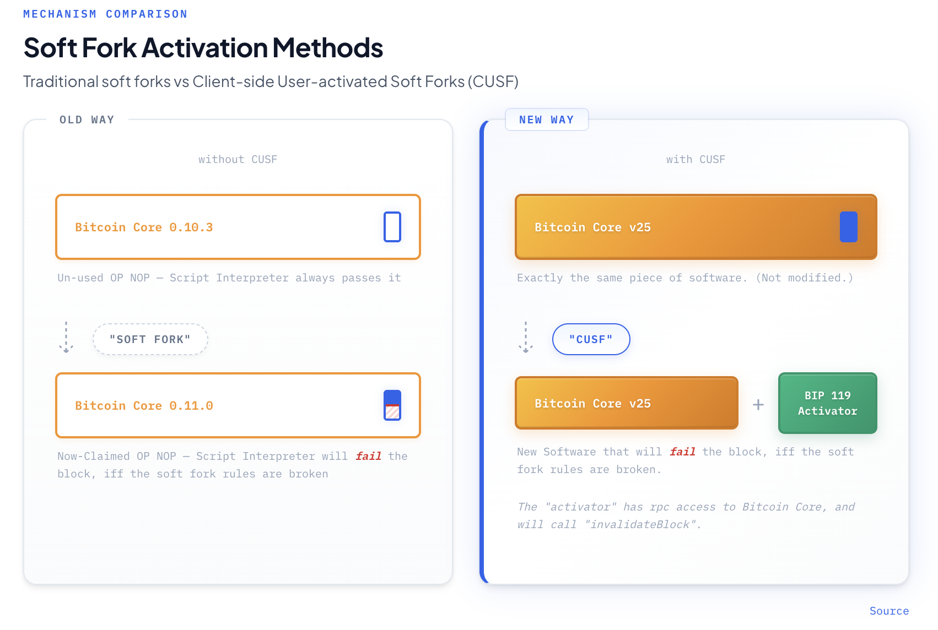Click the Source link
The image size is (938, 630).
point(888,611)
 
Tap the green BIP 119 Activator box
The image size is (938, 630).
point(827,403)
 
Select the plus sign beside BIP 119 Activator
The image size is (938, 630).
point(758,405)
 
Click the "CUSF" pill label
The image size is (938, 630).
point(591,339)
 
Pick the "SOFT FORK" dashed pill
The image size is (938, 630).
point(150,339)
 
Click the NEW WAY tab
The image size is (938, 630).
point(547,120)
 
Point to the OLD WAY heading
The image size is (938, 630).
point(87,120)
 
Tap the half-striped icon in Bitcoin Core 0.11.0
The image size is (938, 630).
point(392,405)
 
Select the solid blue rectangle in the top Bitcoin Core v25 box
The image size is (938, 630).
point(848,227)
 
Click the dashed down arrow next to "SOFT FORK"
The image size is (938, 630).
point(66,337)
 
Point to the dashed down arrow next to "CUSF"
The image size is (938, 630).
point(526,337)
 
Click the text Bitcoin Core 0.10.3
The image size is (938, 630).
point(144,227)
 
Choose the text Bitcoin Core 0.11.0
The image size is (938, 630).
point(144,405)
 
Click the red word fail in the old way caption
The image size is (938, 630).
point(369,455)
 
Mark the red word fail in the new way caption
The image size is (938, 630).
point(683,452)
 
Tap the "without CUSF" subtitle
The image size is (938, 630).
point(238,159)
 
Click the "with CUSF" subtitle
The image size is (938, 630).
point(696,159)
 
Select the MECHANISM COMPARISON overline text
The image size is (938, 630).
point(105,14)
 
